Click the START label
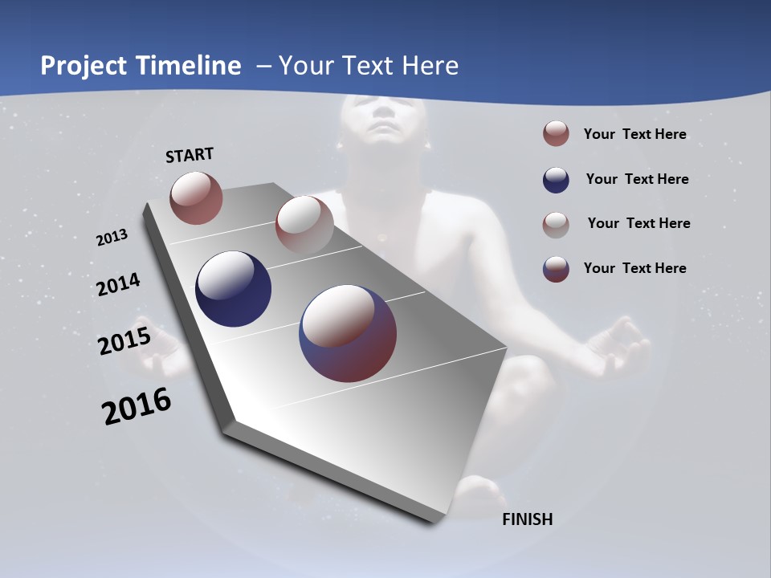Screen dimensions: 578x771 190,155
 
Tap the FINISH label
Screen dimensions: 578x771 527,519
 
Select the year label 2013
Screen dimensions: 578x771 112,238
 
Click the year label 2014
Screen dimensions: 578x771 118,285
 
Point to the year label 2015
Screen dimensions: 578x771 124,341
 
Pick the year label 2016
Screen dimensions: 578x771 137,406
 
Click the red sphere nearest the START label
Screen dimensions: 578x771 196,197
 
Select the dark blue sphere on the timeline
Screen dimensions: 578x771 233,289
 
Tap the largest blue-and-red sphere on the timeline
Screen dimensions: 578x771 348,333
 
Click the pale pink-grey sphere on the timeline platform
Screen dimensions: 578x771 304,225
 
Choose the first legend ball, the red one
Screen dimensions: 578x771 556,134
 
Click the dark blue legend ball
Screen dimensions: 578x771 556,180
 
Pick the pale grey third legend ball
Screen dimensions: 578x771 556,225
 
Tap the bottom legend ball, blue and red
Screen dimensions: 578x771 556,269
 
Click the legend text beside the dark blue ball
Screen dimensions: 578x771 637,179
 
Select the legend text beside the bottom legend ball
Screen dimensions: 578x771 634,268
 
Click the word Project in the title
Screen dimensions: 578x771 84,66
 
